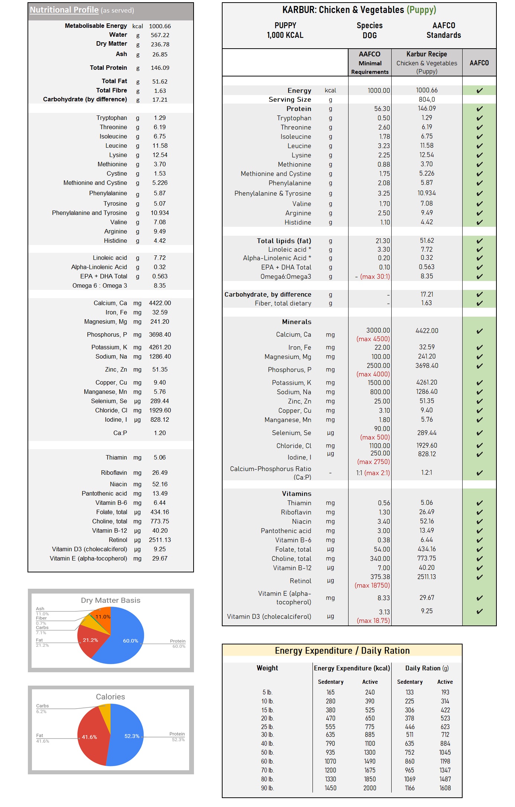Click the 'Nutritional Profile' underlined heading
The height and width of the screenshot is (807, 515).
(64, 10)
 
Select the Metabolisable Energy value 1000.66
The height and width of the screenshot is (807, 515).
(160, 26)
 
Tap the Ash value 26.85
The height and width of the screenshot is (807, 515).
(160, 54)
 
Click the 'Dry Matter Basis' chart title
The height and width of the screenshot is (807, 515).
(110, 600)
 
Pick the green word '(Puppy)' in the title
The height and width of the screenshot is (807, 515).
(421, 10)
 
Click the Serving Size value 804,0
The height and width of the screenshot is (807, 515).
(427, 99)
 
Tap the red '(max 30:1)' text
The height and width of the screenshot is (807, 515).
(375, 277)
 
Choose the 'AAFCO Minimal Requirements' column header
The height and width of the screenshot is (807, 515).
(370, 63)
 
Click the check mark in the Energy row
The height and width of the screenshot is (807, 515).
(479, 90)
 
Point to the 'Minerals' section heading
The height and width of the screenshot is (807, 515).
(297, 322)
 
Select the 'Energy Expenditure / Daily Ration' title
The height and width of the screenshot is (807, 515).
(342, 651)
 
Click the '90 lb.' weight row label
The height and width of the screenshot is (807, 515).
(267, 788)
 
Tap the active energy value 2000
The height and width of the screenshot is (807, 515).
(370, 788)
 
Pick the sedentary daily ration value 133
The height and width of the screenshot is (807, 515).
(409, 692)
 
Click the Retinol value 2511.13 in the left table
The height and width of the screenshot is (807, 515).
(160, 540)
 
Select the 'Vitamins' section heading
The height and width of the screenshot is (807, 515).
(297, 494)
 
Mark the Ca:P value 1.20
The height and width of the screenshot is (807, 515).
(160, 433)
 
